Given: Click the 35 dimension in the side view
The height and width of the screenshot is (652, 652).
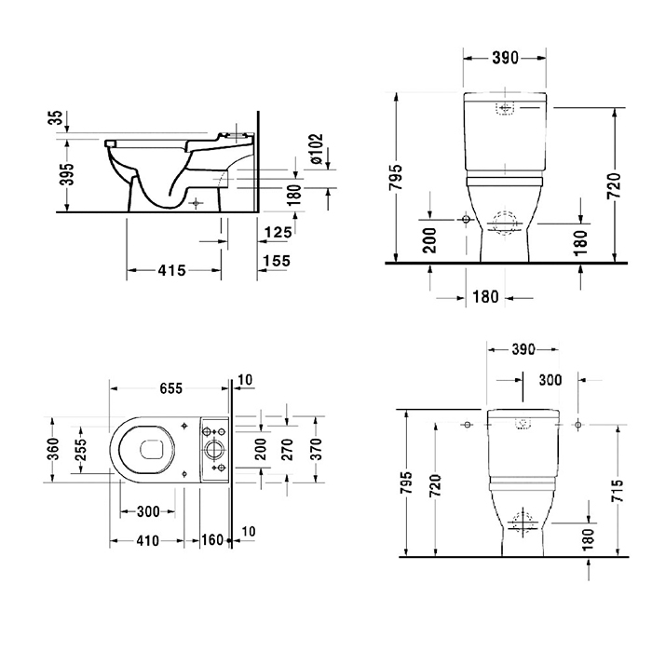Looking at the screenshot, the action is coord(57,116).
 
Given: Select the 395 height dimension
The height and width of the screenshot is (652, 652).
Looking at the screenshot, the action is coord(67,174).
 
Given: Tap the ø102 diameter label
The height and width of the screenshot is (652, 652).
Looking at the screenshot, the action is coord(317,149).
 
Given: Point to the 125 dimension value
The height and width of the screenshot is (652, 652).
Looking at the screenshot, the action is coord(278,232).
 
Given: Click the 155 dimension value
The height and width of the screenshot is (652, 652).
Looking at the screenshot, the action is coord(277,261).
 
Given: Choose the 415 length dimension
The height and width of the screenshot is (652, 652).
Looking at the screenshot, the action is coord(171,271).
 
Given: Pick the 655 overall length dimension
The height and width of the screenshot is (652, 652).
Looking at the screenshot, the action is coord(170,388).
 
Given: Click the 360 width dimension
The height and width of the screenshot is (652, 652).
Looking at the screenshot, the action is coord(54,449).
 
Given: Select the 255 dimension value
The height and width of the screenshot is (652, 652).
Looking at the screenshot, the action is coord(81,450).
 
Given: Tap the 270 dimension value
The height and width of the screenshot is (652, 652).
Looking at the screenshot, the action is coord(287,450).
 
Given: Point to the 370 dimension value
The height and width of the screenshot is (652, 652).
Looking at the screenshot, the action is coord(317,449).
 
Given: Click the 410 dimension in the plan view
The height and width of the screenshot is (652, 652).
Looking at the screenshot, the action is coord(147,541).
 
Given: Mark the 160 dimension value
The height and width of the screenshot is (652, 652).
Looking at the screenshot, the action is coord(212,540).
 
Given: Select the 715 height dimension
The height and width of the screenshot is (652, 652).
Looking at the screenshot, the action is coord(618,491).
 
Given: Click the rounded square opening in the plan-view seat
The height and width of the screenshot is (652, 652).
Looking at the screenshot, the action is coord(152,450).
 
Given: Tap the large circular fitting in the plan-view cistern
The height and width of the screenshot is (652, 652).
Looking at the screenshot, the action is coord(214,449).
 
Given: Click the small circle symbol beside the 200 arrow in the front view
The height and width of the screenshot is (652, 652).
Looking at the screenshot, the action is coord(466,219).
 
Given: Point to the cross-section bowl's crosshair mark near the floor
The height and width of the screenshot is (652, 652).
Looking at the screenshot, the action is coord(196,203).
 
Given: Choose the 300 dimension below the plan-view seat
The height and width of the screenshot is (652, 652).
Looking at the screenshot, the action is coord(148,511).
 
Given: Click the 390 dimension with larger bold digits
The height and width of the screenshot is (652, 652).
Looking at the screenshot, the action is coord(505,59).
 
